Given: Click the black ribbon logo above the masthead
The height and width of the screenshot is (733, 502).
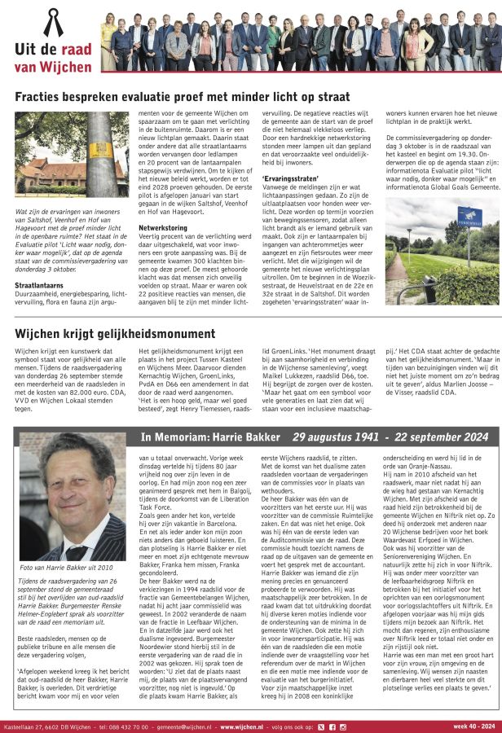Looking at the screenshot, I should [x=54, y=22].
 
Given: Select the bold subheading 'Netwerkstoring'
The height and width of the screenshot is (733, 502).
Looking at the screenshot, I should [x=164, y=227].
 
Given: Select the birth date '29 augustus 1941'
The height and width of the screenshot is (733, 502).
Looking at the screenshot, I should [x=335, y=437].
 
